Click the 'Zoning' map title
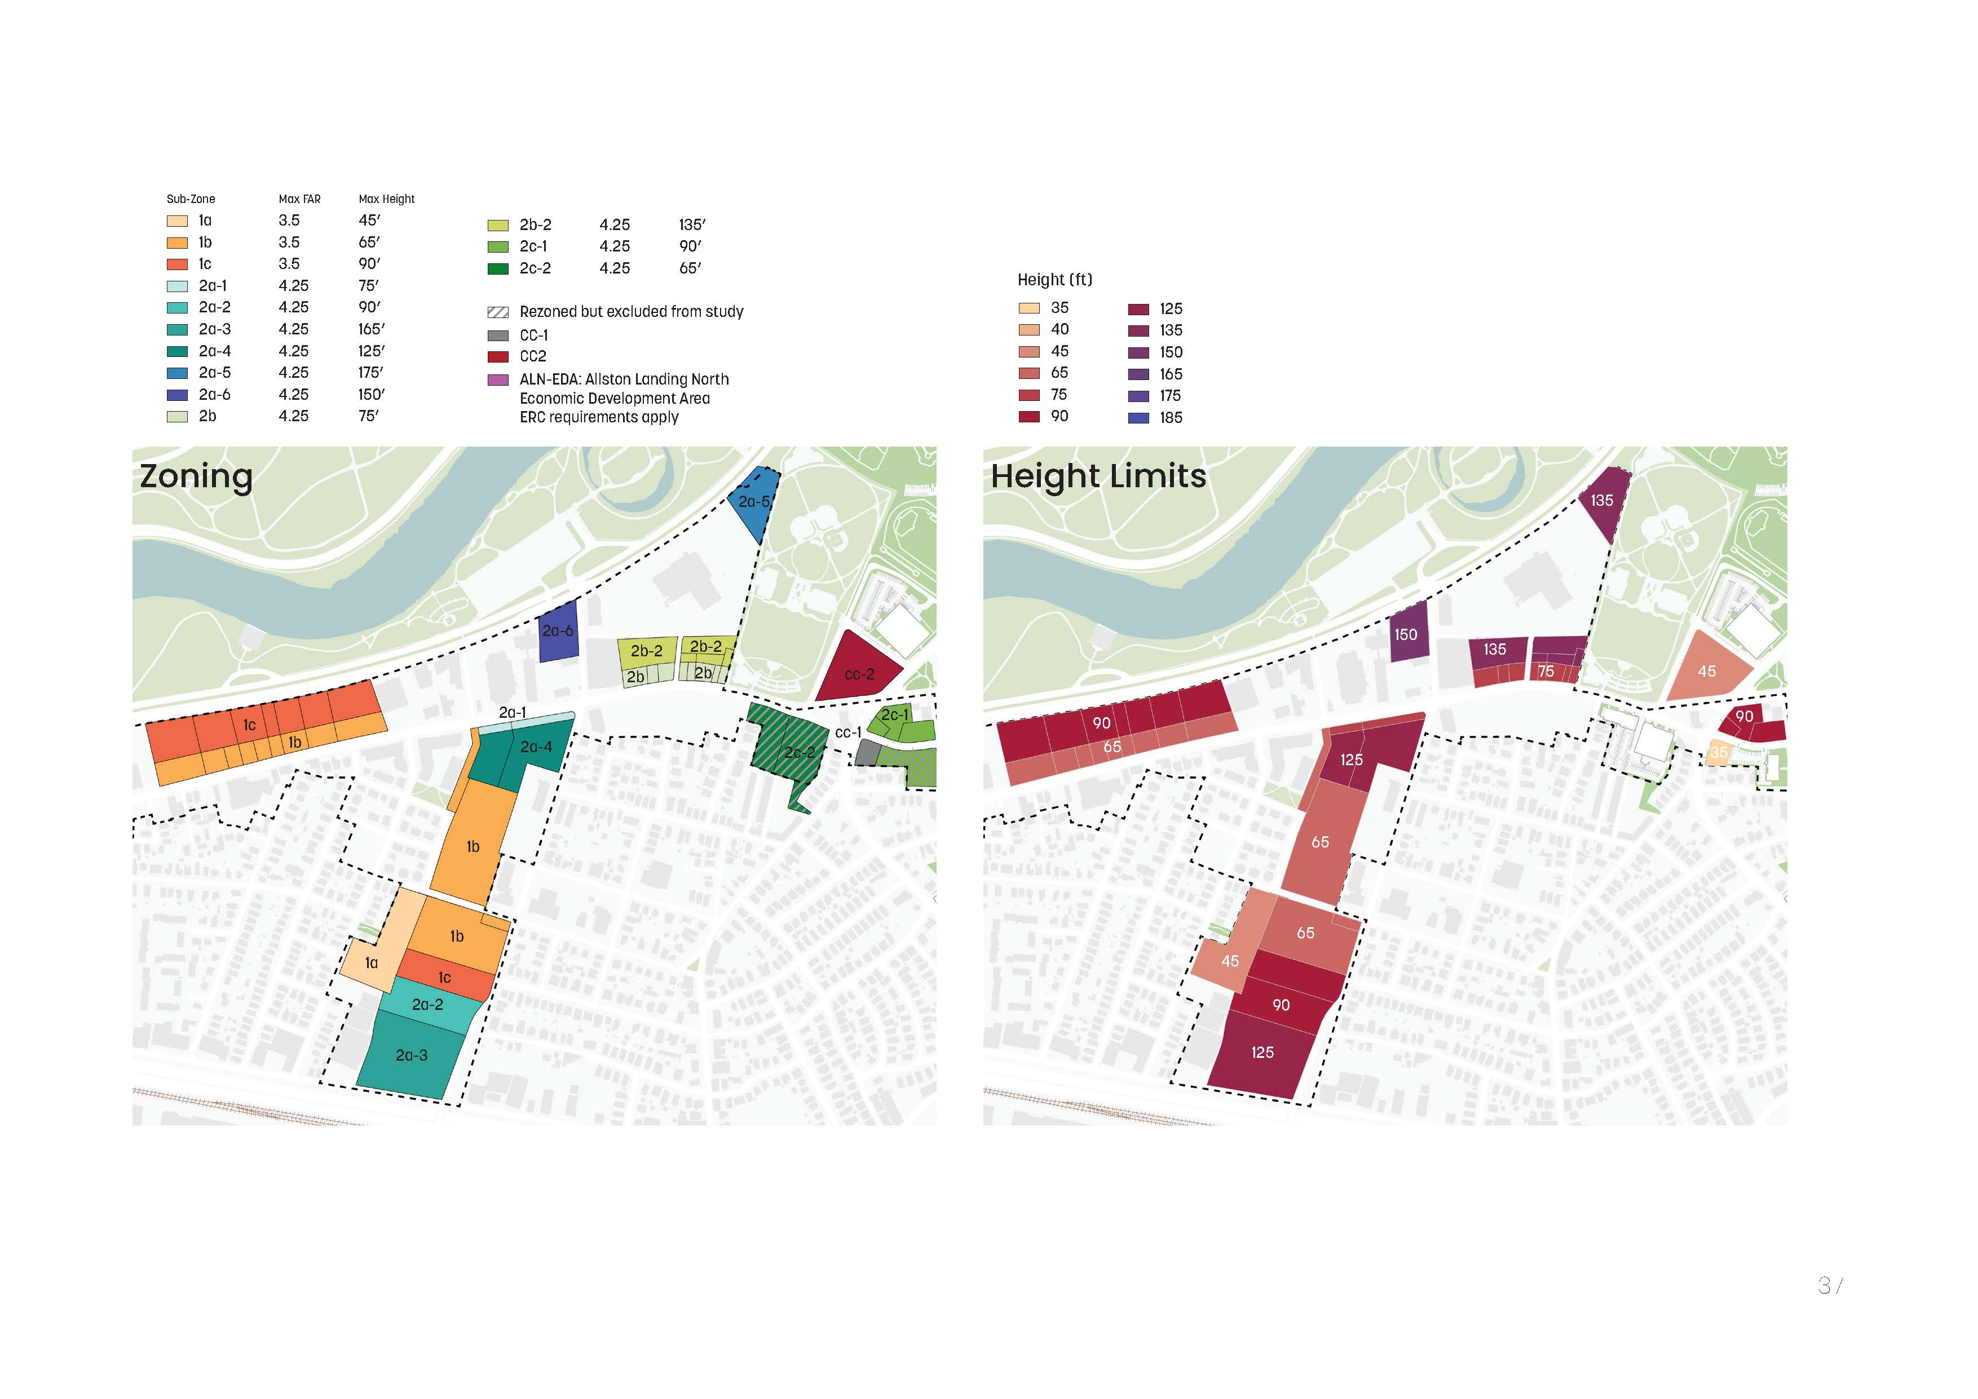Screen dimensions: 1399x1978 pos(196,476)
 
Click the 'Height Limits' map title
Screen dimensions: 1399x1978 pos(1098,476)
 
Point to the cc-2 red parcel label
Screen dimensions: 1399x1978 pos(858,674)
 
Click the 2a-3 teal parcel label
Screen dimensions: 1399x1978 pos(411,1055)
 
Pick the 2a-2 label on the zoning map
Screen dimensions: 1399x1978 pos(427,1004)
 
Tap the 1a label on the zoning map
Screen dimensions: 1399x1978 pos(372,963)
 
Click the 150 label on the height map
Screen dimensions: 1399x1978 pos(1406,635)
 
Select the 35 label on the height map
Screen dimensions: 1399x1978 pos(1719,753)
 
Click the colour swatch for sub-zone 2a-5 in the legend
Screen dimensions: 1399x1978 pos(176,373)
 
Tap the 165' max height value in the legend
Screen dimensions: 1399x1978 pos(372,329)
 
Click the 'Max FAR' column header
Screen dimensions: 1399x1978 pos(299,199)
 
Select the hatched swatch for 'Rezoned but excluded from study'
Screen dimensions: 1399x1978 pos(498,312)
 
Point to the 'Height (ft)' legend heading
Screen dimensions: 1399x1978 pos(1054,280)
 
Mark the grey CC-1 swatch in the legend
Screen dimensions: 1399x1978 pos(498,335)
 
